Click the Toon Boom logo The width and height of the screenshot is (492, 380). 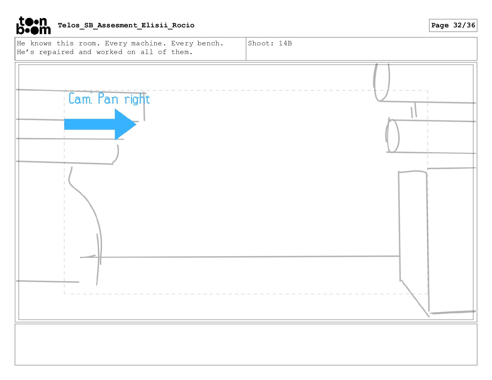pyautogui.click(x=34, y=25)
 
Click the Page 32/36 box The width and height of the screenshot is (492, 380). pyautogui.click(x=453, y=25)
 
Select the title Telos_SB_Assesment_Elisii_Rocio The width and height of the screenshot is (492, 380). pyautogui.click(x=126, y=25)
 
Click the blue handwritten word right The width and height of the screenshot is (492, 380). pyautogui.click(x=137, y=99)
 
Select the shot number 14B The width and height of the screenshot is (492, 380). pyautogui.click(x=285, y=43)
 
